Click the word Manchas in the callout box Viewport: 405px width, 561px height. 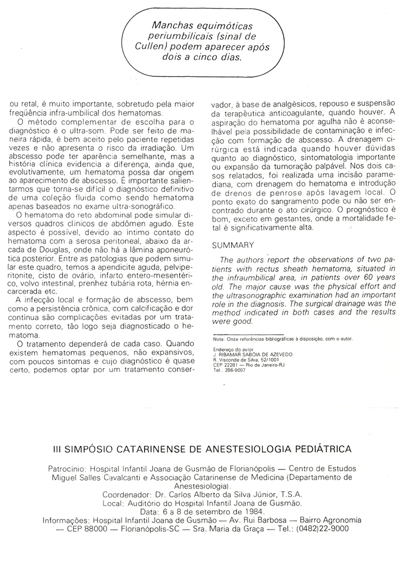pyautogui.click(x=171, y=27)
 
